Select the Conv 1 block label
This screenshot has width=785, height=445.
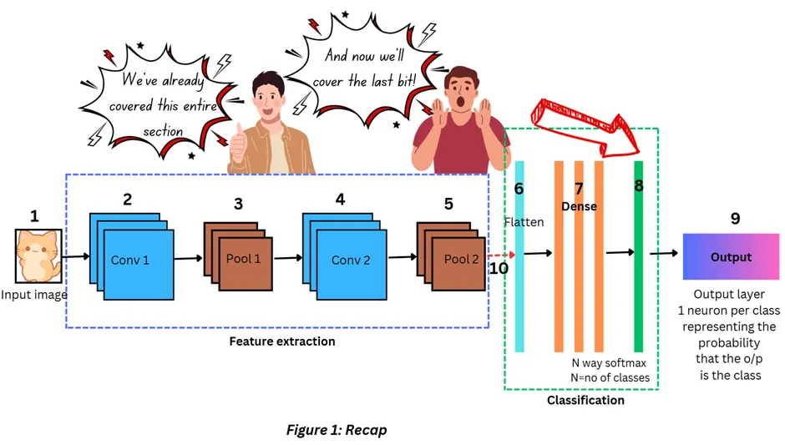pyautogui.click(x=129, y=260)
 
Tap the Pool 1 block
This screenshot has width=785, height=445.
pyautogui.click(x=243, y=258)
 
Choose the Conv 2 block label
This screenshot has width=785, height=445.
pyautogui.click(x=351, y=260)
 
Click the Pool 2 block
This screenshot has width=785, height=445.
pyautogui.click(x=460, y=259)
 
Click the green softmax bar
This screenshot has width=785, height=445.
pyautogui.click(x=639, y=276)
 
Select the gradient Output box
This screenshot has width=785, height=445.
pyautogui.click(x=731, y=257)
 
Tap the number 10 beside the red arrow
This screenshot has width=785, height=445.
pyautogui.click(x=499, y=268)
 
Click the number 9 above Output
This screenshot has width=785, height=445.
pyautogui.click(x=735, y=218)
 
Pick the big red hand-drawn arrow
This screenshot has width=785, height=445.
pyautogui.click(x=585, y=125)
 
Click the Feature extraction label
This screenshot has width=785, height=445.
pyautogui.click(x=282, y=341)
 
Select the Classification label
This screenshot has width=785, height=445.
pyautogui.click(x=585, y=400)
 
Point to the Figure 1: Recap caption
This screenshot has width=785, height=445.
pyautogui.click(x=337, y=430)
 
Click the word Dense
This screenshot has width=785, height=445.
pyautogui.click(x=579, y=206)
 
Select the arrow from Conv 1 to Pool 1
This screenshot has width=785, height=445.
pyautogui.click(x=189, y=258)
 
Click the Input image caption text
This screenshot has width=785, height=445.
pyautogui.click(x=33, y=295)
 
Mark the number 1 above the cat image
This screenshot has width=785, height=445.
pyautogui.click(x=34, y=216)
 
